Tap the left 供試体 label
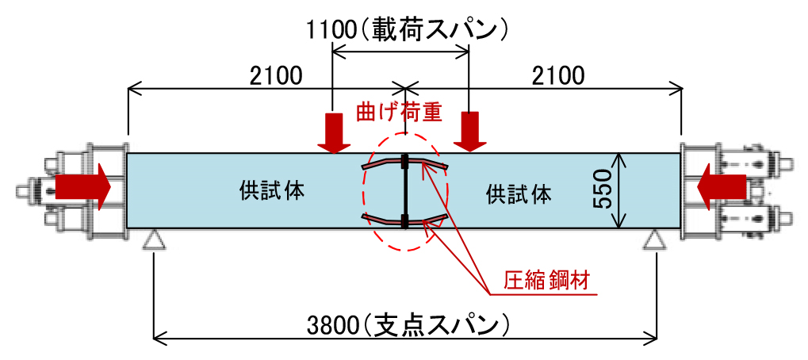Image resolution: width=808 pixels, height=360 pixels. click(272, 191)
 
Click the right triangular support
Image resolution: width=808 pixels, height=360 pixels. click(655, 239)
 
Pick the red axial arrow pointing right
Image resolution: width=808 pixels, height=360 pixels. click(82, 187)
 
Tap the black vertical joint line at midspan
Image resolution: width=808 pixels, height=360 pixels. click(405, 191)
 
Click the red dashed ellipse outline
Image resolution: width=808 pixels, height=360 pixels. click(363, 190)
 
